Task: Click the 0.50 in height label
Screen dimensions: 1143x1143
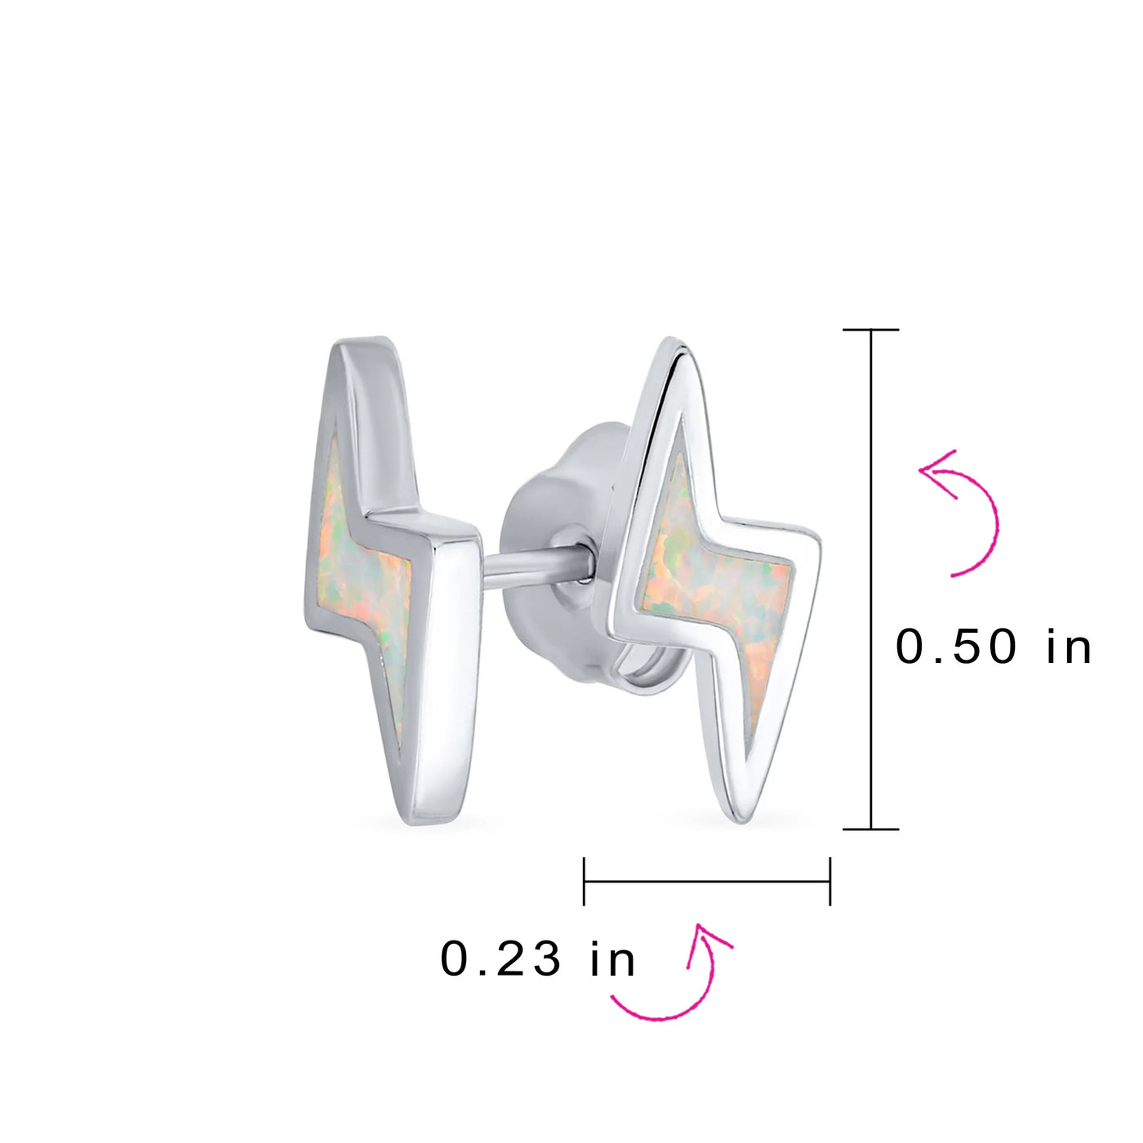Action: click(993, 647)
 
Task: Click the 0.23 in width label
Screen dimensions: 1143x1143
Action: click(537, 959)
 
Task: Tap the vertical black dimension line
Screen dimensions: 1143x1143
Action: click(871, 579)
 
